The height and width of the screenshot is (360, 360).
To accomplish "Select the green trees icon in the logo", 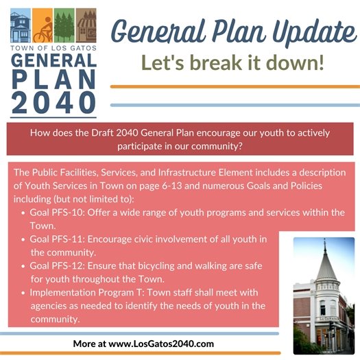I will tap(64, 27).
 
